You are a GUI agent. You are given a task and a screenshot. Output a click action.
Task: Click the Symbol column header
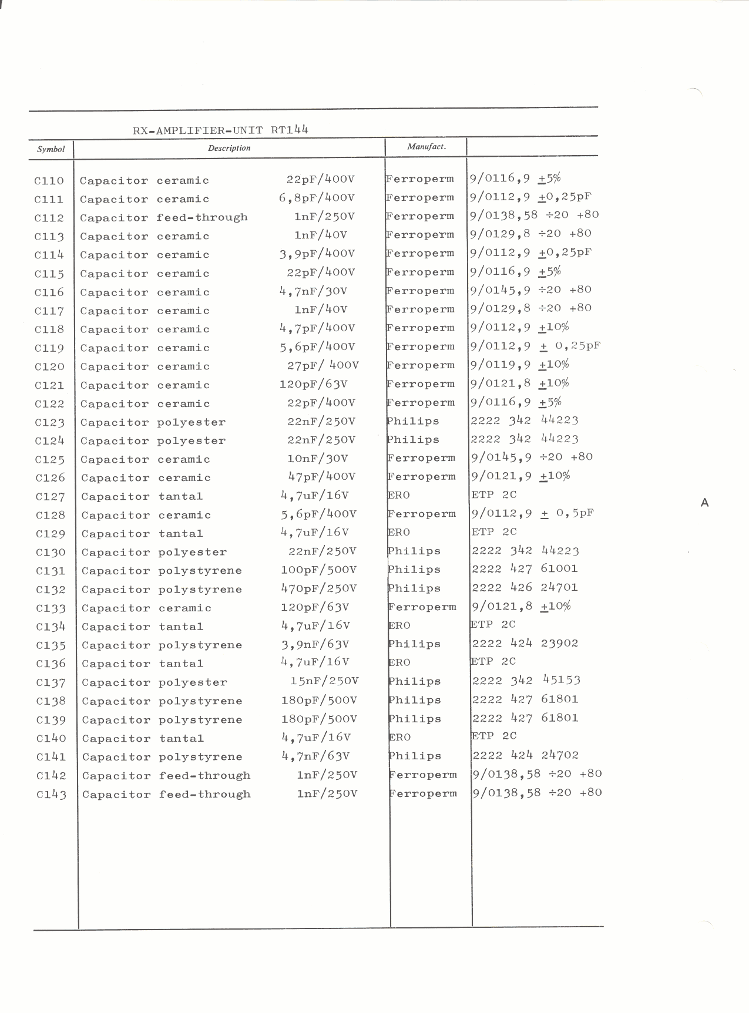[51, 149]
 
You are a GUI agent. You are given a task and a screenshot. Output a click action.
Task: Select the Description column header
[229, 148]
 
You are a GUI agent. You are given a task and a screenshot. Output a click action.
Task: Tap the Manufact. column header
[426, 147]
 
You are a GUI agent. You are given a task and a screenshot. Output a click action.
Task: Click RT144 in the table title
[289, 130]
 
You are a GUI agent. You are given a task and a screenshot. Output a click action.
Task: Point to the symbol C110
[49, 181]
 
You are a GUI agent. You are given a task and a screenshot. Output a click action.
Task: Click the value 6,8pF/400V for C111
[317, 198]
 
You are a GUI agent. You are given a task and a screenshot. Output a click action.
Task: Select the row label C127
[50, 497]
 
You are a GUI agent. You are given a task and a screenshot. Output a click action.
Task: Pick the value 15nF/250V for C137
[324, 681]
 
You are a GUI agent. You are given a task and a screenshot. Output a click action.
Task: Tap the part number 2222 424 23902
[525, 643]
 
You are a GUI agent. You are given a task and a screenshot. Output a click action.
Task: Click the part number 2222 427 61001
[525, 568]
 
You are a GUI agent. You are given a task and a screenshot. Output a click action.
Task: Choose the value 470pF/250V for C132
[318, 588]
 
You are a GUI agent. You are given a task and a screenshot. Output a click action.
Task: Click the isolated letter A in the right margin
[705, 503]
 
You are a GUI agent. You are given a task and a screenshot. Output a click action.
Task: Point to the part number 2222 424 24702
[526, 755]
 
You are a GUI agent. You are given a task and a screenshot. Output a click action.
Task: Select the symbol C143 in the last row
[51, 795]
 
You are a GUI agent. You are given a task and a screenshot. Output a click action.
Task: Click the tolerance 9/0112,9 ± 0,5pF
[532, 513]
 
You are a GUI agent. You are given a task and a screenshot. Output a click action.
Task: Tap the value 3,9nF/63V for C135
[315, 645]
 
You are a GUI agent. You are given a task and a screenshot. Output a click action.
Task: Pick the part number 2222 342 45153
[526, 681]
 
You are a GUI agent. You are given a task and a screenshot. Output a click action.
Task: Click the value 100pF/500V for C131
[318, 570]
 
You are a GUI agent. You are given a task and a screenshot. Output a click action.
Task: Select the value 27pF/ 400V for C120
[323, 366]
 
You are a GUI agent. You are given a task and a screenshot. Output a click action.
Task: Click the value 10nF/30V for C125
[317, 459]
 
